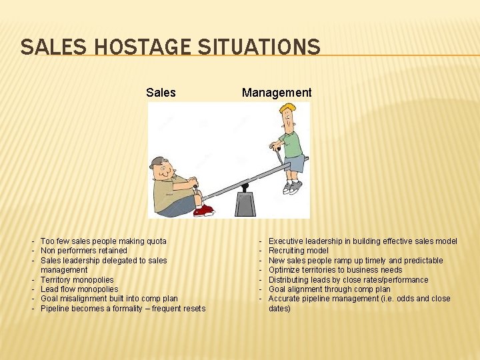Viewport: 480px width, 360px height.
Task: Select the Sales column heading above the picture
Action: pyautogui.click(x=161, y=93)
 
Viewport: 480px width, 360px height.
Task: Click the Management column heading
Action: pyautogui.click(x=277, y=93)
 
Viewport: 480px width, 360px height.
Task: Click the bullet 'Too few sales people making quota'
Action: pyautogui.click(x=103, y=241)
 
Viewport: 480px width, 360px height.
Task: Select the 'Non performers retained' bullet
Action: pyautogui.click(x=84, y=251)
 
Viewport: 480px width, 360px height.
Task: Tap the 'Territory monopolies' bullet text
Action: pyautogui.click(x=77, y=280)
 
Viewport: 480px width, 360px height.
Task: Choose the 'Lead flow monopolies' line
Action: pyautogui.click(x=79, y=289)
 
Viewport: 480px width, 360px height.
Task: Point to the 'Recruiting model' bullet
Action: pyautogui.click(x=299, y=251)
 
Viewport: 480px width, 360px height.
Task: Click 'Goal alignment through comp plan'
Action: pyautogui.click(x=329, y=289)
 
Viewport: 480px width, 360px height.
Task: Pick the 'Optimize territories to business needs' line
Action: pyautogui.click(x=335, y=270)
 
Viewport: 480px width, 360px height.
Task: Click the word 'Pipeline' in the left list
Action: pyautogui.click(x=55, y=309)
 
